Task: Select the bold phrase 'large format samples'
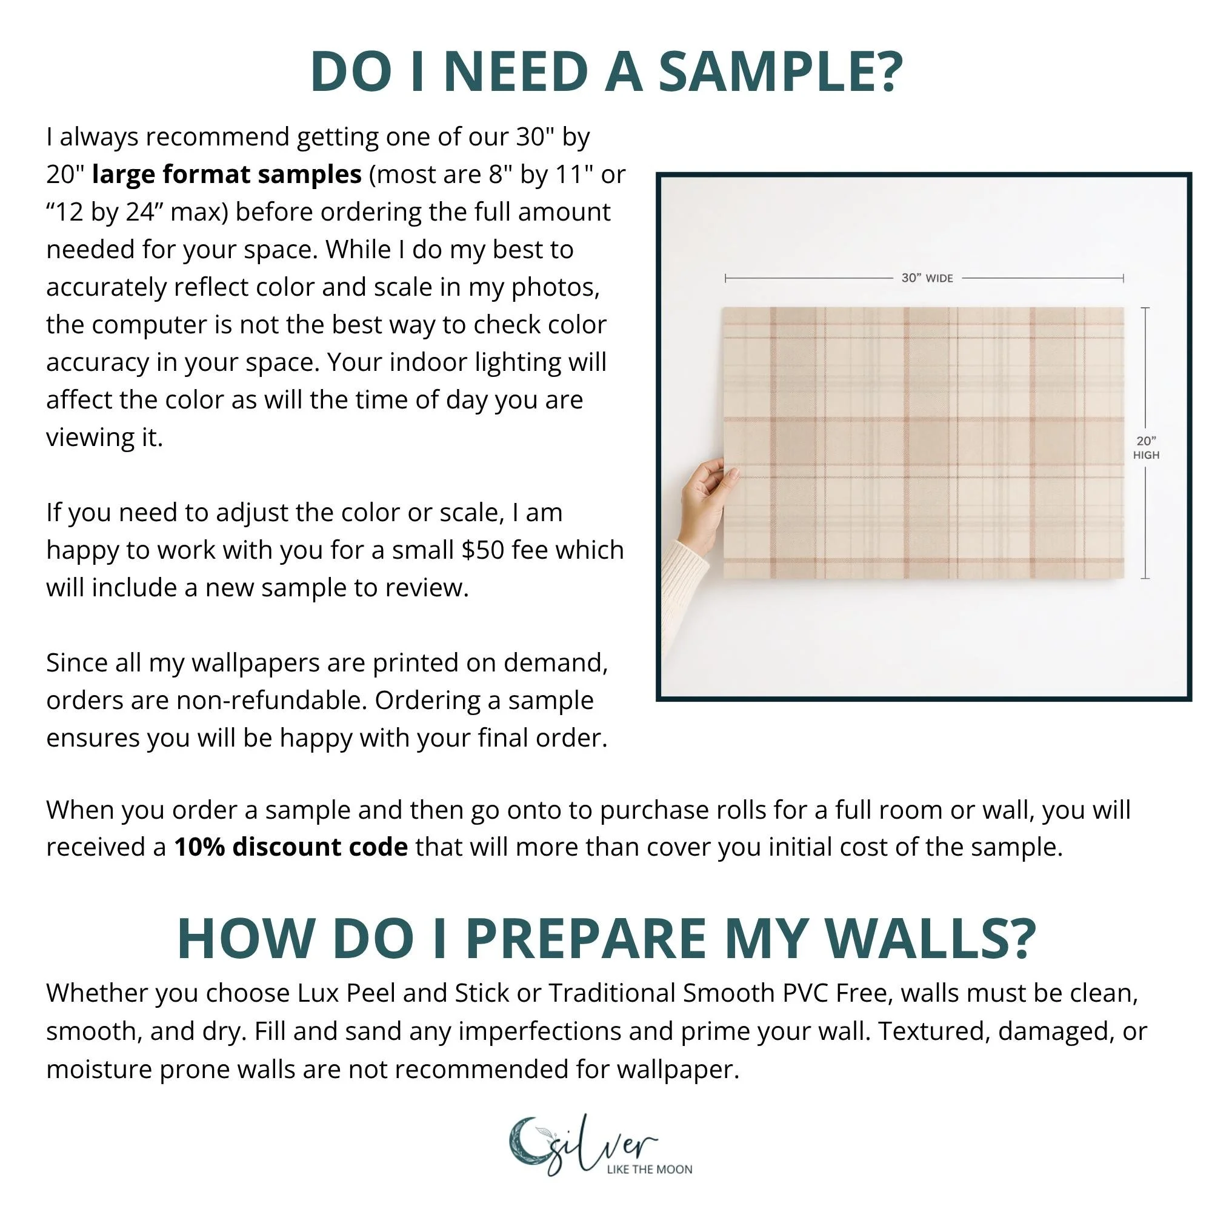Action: [x=227, y=175]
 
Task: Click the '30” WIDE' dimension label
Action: [x=927, y=278]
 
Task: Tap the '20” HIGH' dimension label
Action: [x=1146, y=448]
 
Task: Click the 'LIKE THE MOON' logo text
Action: [x=649, y=1170]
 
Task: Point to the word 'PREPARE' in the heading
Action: [x=586, y=939]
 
